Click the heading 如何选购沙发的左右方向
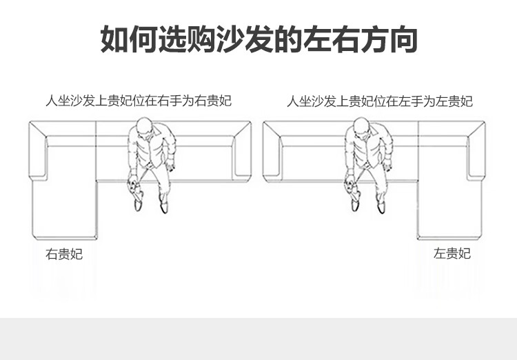(x=258, y=39)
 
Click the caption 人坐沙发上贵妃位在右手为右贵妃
(x=139, y=101)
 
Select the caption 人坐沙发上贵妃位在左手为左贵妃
(x=380, y=101)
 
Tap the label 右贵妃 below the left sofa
(x=64, y=254)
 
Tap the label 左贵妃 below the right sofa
(x=452, y=254)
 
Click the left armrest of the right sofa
(x=272, y=152)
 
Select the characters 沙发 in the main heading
(x=243, y=39)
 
